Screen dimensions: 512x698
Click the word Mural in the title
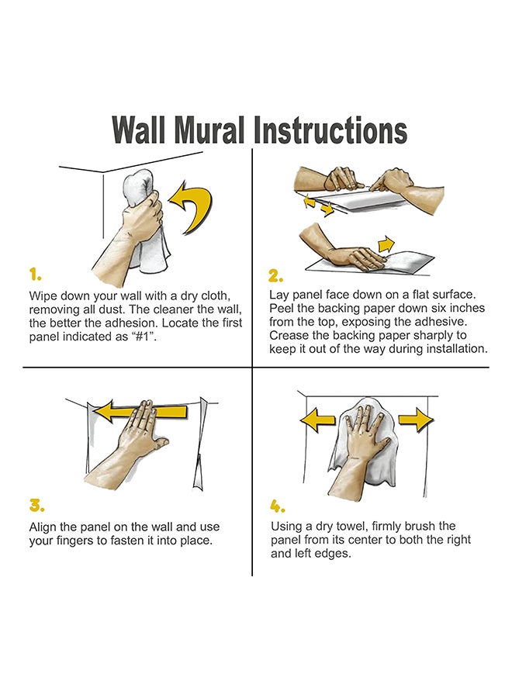(x=209, y=130)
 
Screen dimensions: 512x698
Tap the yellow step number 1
(x=35, y=275)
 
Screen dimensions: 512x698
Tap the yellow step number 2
(x=275, y=276)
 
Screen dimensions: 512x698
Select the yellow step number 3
(x=36, y=505)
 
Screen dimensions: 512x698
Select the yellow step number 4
(x=278, y=505)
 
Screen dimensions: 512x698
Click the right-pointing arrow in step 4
(x=416, y=420)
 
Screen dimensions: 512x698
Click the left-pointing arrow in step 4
(x=317, y=420)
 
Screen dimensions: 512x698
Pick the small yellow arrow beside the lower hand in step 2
(x=386, y=244)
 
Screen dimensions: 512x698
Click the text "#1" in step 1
(x=144, y=337)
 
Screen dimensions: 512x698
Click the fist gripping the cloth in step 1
(x=144, y=213)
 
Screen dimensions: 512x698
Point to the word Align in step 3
(x=43, y=527)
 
